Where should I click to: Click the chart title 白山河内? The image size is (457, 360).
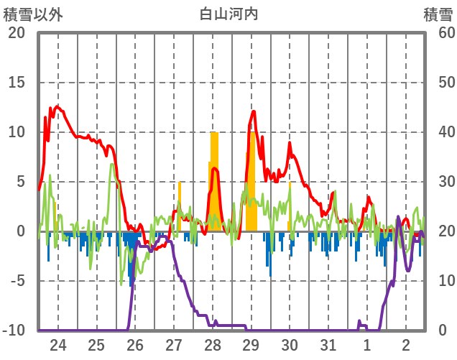[228, 14]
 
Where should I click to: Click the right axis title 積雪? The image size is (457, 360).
[438, 14]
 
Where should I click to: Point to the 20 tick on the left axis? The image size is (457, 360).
[17, 33]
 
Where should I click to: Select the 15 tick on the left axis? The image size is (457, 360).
[17, 83]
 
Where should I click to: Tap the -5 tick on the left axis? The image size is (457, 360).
[17, 281]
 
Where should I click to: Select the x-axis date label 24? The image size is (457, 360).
[58, 344]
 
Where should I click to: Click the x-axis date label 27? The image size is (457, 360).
[174, 344]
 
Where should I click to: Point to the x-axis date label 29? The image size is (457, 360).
[251, 344]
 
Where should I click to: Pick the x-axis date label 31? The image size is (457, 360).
[328, 344]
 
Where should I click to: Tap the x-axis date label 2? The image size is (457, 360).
[405, 344]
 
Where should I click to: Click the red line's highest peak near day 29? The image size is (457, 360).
[254, 111]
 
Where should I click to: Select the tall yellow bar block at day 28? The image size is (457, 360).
[214, 180]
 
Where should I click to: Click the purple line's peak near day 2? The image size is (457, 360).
[398, 216]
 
